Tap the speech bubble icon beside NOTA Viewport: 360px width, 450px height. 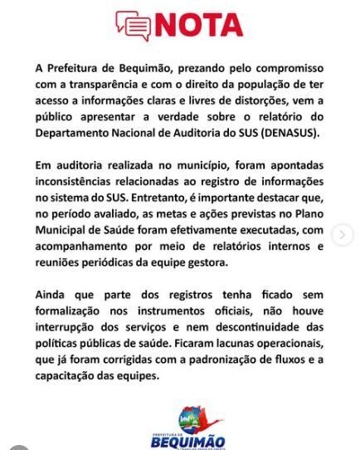pyautogui.click(x=133, y=27)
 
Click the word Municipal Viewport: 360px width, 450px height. pyautogui.click(x=64, y=232)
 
